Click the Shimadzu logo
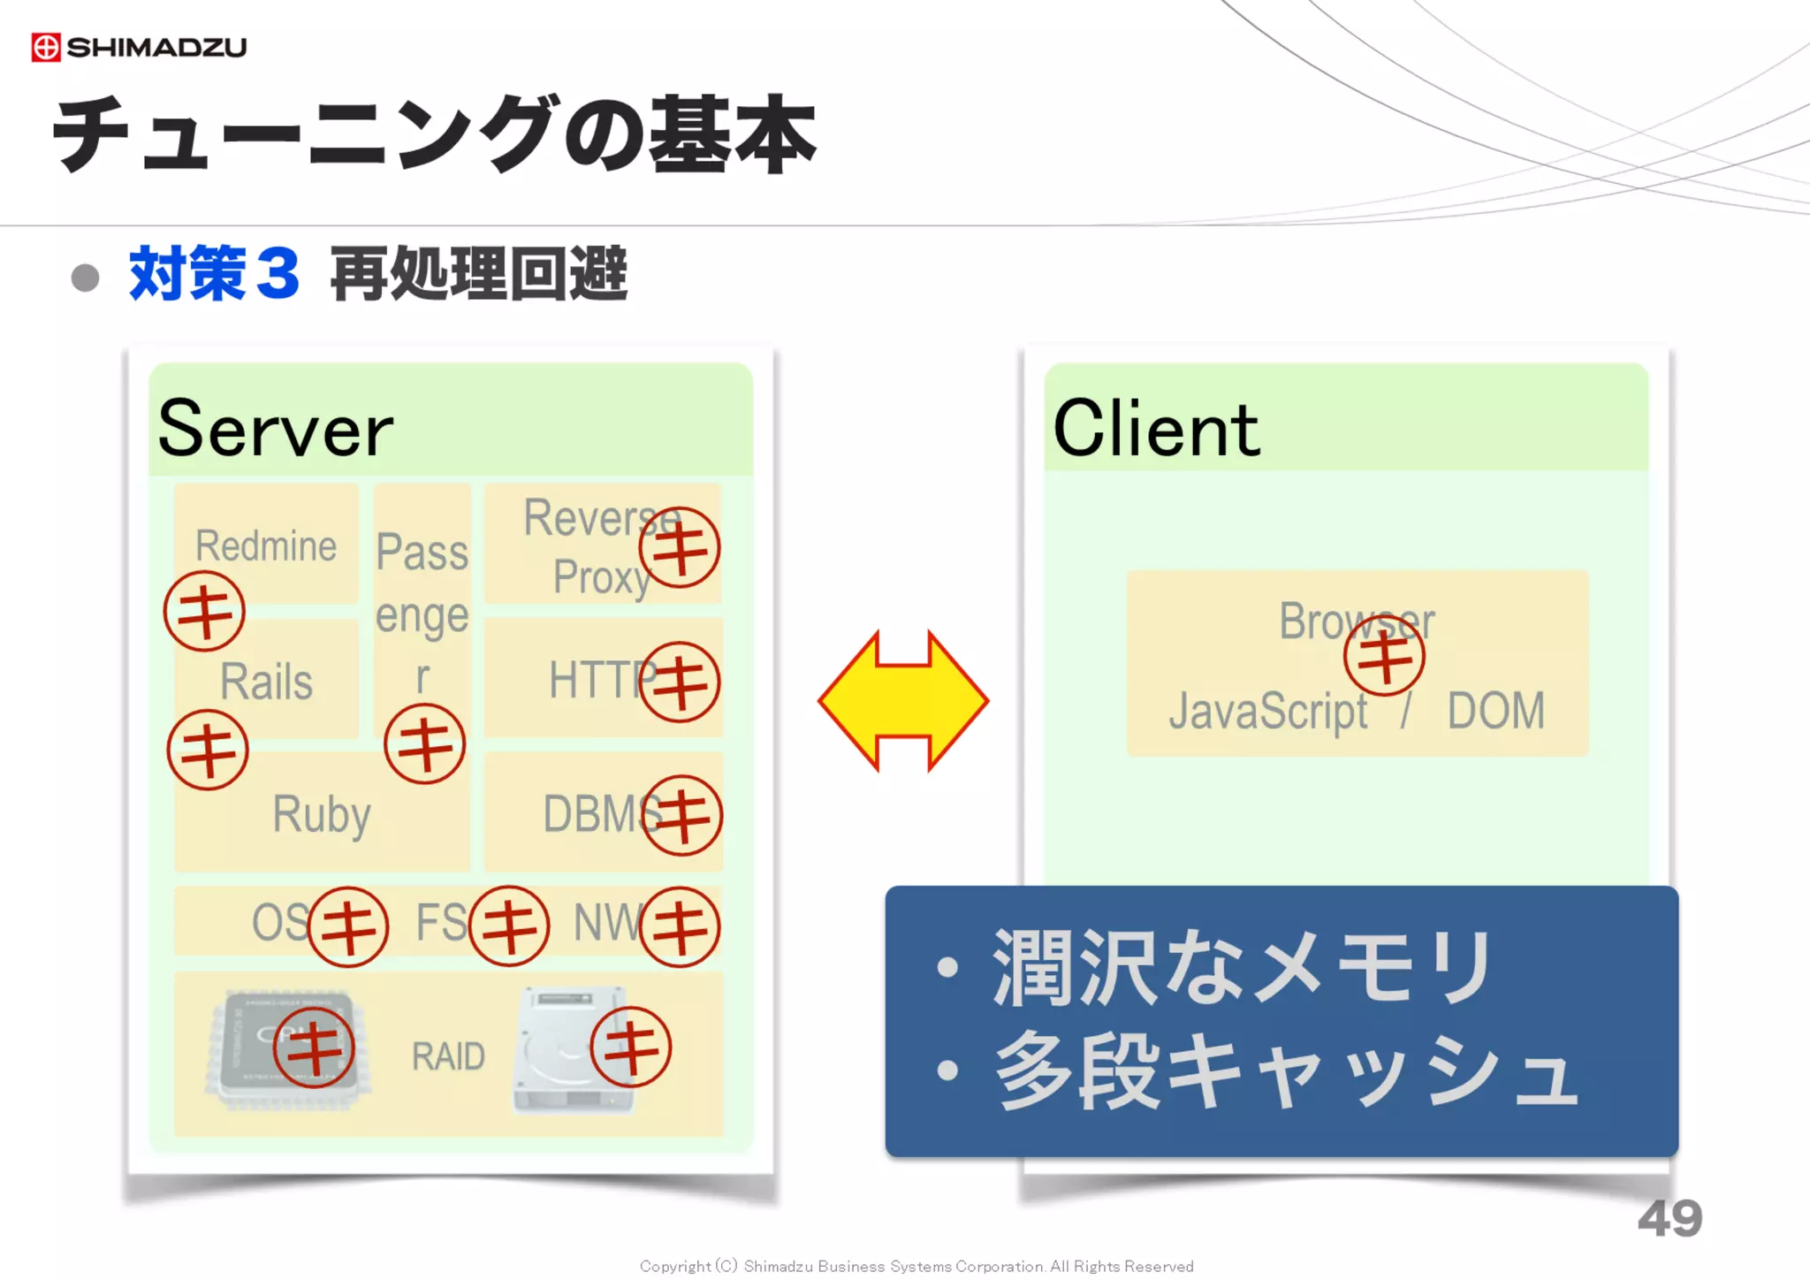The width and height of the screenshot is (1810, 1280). pos(139,47)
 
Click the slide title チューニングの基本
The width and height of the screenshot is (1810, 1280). pos(433,134)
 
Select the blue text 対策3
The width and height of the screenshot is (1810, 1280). pos(215,275)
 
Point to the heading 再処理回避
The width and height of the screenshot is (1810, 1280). pos(478,275)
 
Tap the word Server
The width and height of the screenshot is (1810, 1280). pos(275,430)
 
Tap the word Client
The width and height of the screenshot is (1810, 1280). pos(1156,430)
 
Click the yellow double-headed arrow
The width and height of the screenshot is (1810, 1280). pos(902,701)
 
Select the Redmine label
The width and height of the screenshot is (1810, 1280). pos(266,545)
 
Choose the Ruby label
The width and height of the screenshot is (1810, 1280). pos(321,813)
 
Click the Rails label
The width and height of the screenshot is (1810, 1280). pos(266,682)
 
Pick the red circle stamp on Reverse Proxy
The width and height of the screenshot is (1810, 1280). pos(680,547)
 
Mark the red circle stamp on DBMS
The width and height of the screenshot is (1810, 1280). pos(681,815)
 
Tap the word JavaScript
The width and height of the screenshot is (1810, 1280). pos(1267,712)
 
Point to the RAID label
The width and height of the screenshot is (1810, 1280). pos(448,1056)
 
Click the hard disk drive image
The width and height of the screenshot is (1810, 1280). pos(557,1052)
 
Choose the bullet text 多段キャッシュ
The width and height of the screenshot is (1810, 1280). pos(1286,1071)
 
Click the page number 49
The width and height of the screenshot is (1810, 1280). pos(1669,1218)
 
